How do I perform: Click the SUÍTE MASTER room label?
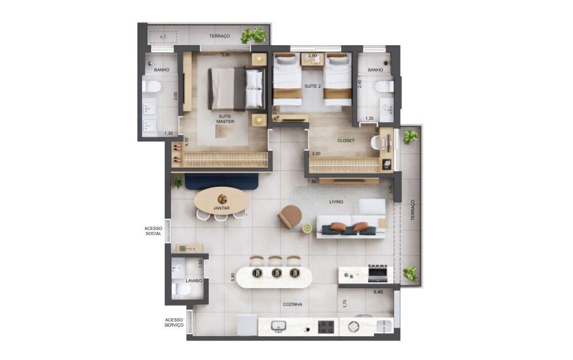[225, 118]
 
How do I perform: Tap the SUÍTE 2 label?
[312, 86]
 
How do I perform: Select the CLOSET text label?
[346, 140]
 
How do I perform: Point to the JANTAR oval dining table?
[222, 201]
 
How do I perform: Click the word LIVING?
[336, 202]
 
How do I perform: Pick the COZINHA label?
[292, 304]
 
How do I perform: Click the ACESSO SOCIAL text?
[153, 231]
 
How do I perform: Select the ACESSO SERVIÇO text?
[174, 322]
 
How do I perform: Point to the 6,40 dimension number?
[378, 292]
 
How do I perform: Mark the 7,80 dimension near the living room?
[312, 182]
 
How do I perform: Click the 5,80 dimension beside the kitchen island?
[231, 276]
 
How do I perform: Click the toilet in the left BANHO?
[152, 87]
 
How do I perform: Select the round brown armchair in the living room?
[291, 216]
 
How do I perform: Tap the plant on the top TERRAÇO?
[254, 36]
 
